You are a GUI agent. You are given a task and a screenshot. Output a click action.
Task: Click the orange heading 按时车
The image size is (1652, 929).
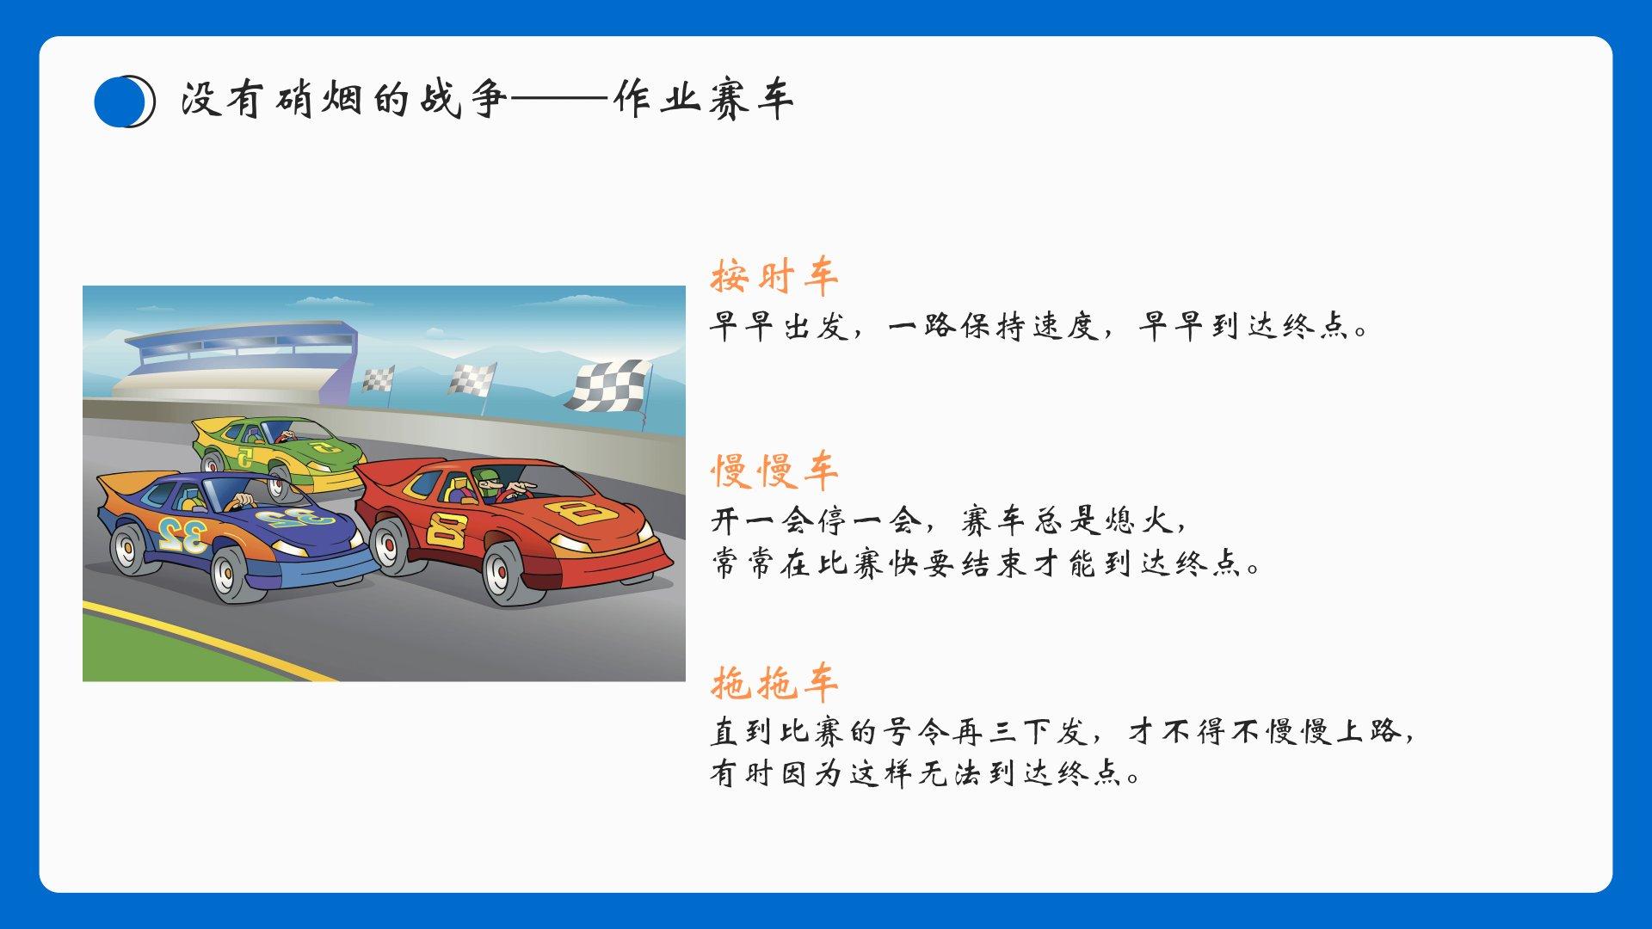(x=774, y=277)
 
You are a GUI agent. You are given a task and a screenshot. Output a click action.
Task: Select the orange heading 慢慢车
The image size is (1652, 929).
(x=774, y=471)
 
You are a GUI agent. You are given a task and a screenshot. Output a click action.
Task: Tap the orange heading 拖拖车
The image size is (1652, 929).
(x=774, y=683)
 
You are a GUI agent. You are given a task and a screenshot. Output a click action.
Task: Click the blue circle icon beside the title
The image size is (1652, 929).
(x=124, y=102)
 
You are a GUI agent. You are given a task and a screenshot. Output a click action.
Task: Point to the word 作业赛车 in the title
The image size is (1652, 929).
(x=703, y=100)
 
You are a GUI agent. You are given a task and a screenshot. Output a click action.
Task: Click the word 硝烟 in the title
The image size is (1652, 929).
(x=316, y=100)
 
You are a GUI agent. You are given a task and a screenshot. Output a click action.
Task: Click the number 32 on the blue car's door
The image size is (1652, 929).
(x=182, y=535)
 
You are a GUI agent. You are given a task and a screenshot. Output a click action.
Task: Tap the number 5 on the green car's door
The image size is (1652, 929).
(x=246, y=458)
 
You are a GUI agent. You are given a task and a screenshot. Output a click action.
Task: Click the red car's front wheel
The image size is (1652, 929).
(x=509, y=572)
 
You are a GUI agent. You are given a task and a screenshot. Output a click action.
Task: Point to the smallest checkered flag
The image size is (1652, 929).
(x=378, y=378)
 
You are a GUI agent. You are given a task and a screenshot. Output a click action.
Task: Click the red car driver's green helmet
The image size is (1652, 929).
(x=485, y=476)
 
